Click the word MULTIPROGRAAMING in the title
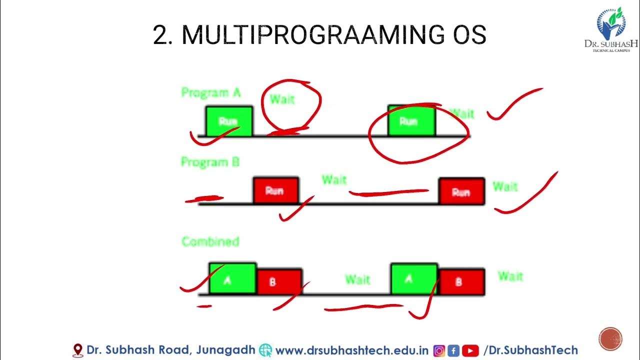(310, 35)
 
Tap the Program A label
(210, 92)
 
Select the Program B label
(210, 162)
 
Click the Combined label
(210, 242)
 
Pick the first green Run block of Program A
(229, 121)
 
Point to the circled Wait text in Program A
(282, 99)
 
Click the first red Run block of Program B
(275, 190)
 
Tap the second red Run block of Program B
(461, 191)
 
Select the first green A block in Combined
(232, 278)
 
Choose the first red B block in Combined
(279, 282)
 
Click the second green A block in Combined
(413, 278)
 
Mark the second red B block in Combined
(461, 282)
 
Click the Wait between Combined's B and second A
(357, 279)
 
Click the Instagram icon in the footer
(439, 350)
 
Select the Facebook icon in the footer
(453, 350)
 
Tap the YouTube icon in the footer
(470, 350)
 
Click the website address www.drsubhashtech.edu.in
(352, 350)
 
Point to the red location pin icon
(78, 350)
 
